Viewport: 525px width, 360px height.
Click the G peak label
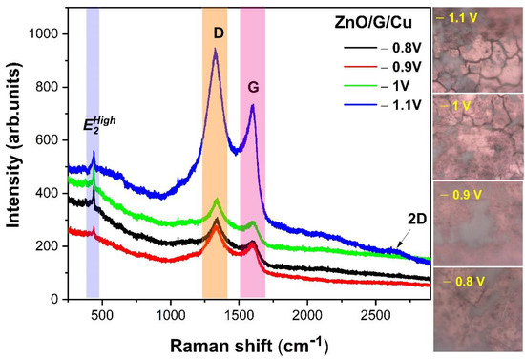pyautogui.click(x=254, y=86)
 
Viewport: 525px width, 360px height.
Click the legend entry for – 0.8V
pyautogui.click(x=393, y=44)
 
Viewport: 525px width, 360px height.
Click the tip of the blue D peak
pyautogui.click(x=216, y=50)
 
